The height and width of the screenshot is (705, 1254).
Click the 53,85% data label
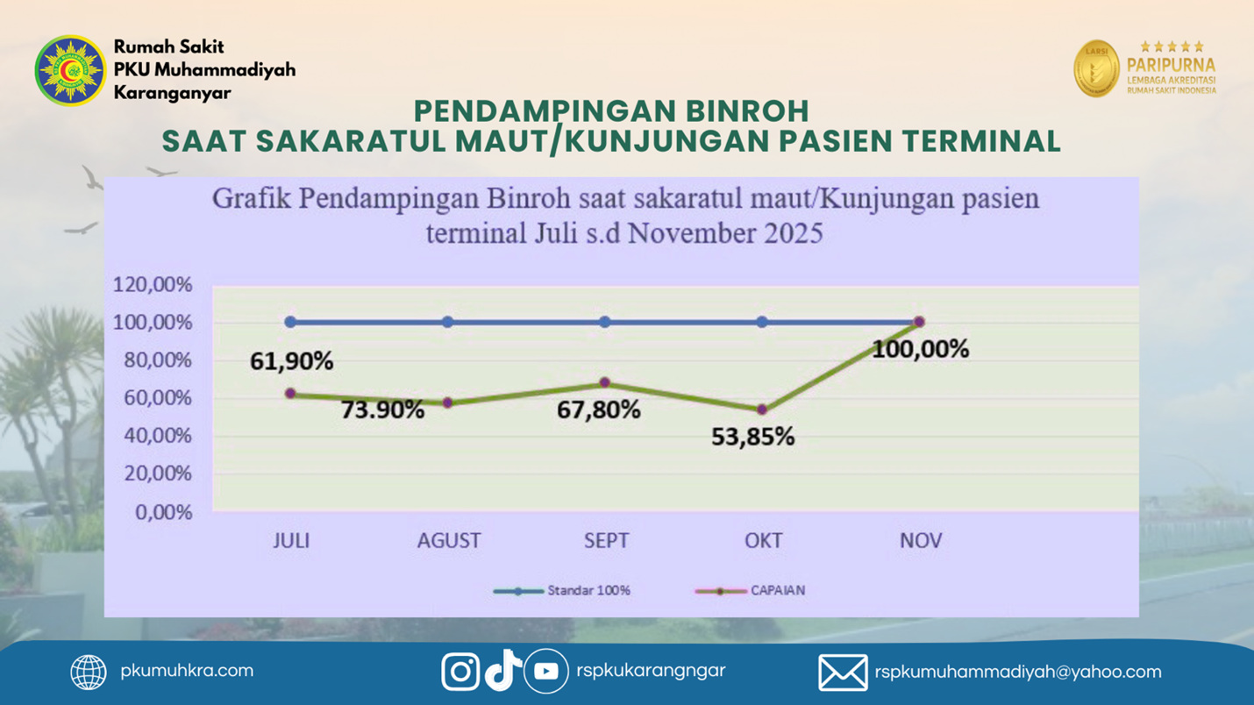pos(753,437)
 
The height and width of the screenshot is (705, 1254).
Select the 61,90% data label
pos(291,360)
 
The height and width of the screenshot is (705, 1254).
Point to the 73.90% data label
pos(382,409)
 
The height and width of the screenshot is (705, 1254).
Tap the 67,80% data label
pos(599,409)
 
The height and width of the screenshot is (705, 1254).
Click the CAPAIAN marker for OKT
pos(762,409)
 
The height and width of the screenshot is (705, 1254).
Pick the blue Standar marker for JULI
pos(290,322)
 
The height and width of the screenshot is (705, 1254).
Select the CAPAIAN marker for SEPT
pos(605,383)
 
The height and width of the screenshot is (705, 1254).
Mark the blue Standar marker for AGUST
pos(448,322)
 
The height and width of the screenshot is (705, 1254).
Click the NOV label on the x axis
pos(921,540)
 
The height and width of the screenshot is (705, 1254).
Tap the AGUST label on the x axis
pos(449,540)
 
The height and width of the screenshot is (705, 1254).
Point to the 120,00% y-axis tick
pos(153,285)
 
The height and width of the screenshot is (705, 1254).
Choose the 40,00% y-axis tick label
pos(153,436)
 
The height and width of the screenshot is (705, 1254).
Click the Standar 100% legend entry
pos(562,591)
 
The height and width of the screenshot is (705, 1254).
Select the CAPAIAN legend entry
pos(751,591)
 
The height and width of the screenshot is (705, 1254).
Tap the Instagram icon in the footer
pos(460,672)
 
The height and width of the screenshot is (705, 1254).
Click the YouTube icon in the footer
pos(545,672)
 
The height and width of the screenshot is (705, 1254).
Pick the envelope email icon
pos(843,673)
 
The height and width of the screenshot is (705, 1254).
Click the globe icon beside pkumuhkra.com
pos(89,673)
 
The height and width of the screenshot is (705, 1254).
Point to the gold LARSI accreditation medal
pos(1096,68)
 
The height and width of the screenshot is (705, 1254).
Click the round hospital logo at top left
pos(70,70)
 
